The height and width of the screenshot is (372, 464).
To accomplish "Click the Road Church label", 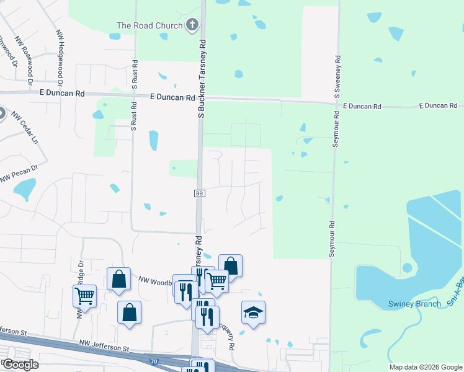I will click(149, 25).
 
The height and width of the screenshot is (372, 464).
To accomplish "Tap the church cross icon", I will click(192, 25).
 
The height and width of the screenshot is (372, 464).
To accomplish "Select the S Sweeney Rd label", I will click(337, 77).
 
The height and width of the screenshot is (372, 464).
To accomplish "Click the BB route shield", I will click(200, 193).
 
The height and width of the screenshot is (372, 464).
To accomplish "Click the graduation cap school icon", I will click(253, 312).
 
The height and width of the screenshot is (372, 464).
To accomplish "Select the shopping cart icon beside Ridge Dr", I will click(84, 295).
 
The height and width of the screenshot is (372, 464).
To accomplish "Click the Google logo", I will click(20, 364).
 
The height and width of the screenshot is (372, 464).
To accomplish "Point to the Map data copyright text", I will click(425, 367).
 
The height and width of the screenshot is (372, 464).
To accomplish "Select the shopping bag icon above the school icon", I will click(230, 265).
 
